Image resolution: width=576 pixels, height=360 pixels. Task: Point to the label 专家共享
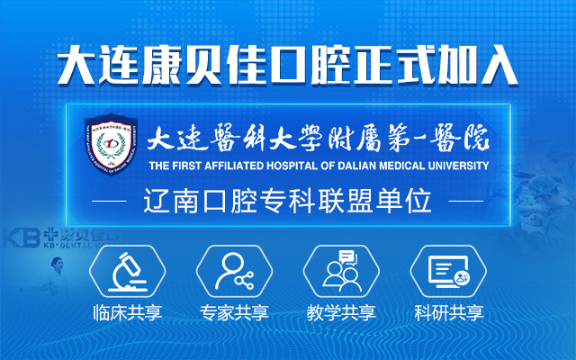[234, 314]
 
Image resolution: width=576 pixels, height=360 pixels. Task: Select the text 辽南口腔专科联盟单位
[287, 200]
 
